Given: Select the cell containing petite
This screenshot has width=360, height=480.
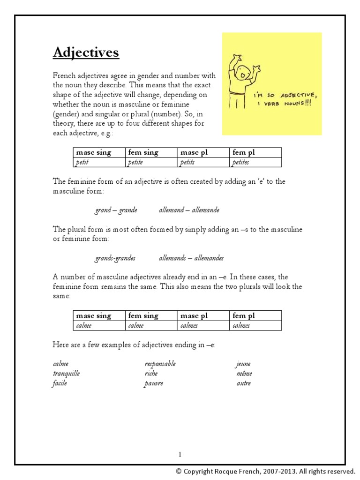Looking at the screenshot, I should tap(151, 162).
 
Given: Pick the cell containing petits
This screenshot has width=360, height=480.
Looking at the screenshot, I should tap(203, 162).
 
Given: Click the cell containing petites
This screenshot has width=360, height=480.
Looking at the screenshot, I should tap(255, 162).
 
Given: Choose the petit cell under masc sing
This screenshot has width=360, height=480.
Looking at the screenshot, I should tap(99, 162).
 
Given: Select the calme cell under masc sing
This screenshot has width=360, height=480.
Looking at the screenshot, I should tap(99, 325).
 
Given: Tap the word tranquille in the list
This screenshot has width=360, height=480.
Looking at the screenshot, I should tap(66, 374).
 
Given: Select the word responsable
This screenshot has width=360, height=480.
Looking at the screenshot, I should tap(160, 364).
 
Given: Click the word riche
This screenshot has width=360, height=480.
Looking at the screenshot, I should tap(151, 374).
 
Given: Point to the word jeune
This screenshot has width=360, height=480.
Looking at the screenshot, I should tap(243, 364).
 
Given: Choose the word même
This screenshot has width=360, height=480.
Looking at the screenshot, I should tap(244, 374).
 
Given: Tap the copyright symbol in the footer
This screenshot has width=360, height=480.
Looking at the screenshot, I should tap(179, 472).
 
